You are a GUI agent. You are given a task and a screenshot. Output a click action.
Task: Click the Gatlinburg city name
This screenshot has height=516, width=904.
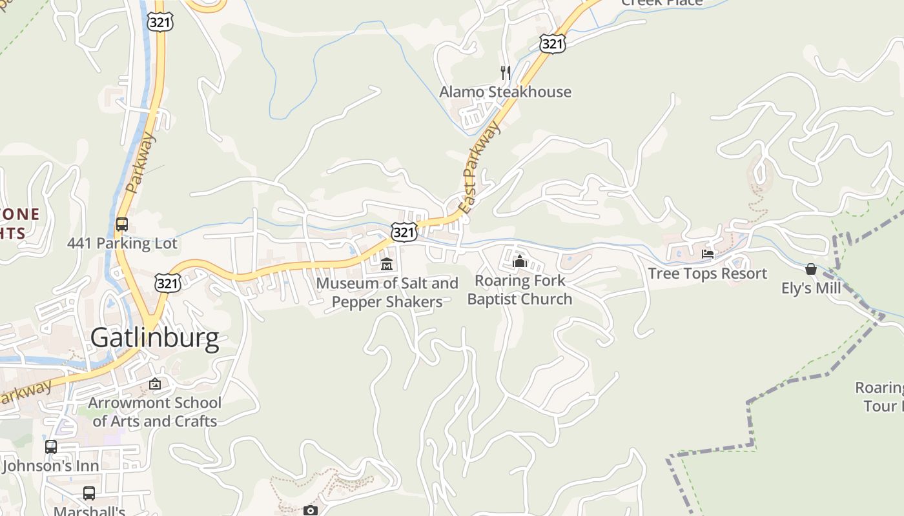click(154, 338)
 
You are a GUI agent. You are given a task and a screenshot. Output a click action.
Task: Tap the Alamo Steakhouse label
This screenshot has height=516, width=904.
click(505, 92)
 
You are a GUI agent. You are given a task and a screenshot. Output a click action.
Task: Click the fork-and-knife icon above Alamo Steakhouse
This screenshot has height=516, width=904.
click(506, 72)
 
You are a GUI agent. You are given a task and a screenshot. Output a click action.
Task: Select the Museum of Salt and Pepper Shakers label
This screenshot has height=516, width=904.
click(387, 292)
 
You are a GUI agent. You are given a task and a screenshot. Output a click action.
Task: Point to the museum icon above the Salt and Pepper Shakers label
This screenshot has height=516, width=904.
click(387, 264)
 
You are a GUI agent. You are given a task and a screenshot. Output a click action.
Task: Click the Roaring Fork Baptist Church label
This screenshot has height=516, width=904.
click(520, 290)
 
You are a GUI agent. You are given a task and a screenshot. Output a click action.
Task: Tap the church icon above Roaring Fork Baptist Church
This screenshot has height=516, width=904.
click(520, 261)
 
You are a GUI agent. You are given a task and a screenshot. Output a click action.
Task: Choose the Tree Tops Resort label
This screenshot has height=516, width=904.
click(708, 273)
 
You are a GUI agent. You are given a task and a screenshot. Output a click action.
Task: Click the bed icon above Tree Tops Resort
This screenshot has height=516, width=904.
click(708, 254)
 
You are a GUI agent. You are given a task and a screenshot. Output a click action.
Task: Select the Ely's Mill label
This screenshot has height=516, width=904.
click(811, 288)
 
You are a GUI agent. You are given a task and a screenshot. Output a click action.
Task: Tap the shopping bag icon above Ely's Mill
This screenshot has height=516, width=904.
click(811, 268)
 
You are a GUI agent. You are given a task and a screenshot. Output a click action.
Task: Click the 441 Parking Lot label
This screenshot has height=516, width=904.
click(122, 243)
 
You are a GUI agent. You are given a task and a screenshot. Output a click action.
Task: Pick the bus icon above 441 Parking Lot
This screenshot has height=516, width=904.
click(121, 224)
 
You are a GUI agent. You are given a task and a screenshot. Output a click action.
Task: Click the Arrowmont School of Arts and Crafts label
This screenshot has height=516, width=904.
click(155, 412)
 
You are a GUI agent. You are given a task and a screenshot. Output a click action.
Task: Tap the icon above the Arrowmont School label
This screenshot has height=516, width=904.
click(155, 384)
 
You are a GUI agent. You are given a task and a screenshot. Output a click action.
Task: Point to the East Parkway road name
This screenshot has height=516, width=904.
click(479, 168)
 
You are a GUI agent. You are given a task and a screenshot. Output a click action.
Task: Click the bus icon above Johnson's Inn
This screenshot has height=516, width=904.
click(50, 446)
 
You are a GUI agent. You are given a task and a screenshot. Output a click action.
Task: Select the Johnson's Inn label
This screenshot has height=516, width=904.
click(50, 466)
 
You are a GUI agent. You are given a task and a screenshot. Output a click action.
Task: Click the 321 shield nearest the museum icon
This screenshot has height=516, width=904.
click(403, 232)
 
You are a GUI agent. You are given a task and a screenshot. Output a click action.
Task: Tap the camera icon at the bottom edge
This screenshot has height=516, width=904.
click(311, 510)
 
